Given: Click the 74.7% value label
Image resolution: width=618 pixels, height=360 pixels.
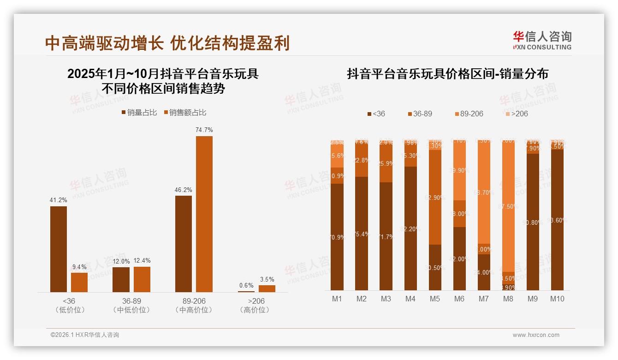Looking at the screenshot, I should click(204, 130).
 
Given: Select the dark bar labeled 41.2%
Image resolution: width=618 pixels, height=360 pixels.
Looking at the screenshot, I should click(59, 249).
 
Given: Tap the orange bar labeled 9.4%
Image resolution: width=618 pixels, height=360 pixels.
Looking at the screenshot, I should click(79, 282).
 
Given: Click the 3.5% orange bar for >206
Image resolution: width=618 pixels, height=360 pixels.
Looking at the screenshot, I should click(267, 288).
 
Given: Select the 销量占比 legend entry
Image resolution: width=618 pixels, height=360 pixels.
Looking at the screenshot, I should click(139, 113).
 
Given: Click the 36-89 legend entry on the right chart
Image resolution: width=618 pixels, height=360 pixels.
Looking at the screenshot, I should click(420, 114).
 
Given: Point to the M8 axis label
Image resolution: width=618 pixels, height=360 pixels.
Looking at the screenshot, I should click(508, 299).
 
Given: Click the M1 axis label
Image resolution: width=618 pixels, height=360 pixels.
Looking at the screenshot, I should click(337, 299).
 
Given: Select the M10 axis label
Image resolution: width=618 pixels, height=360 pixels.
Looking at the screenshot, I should click(557, 299).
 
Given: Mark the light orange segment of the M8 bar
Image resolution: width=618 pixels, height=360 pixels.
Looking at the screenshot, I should click(508, 206).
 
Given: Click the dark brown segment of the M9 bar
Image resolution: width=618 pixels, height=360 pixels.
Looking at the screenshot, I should click(532, 222).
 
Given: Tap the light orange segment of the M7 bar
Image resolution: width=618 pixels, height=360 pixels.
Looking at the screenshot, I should click(483, 192).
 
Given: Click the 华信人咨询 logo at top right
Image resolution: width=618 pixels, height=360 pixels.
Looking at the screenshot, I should click(542, 40).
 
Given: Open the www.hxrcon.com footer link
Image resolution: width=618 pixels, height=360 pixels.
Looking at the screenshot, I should click(536, 335).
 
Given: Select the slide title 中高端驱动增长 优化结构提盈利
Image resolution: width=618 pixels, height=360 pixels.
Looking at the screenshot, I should click(167, 43).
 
